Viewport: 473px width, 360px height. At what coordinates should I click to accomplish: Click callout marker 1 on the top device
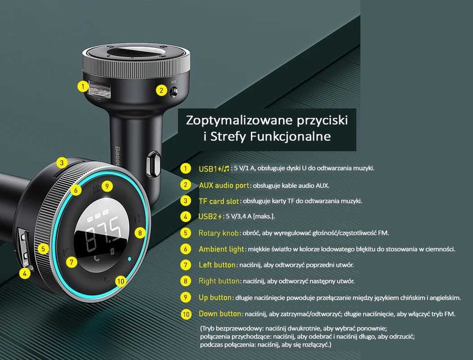[82, 87]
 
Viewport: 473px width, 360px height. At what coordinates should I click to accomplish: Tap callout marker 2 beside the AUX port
[161, 91]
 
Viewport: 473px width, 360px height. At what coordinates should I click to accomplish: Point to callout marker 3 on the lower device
[61, 163]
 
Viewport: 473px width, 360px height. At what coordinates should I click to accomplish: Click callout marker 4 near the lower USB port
[24, 273]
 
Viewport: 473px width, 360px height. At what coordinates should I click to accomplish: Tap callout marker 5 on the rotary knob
[43, 249]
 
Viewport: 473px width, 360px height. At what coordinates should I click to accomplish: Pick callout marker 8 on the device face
[139, 233]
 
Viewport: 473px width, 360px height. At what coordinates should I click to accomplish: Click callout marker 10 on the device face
[121, 281]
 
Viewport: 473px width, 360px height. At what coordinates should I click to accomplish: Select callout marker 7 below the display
[72, 262]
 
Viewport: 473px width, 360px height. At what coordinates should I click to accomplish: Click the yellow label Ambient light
[222, 249]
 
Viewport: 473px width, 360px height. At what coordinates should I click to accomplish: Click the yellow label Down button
[220, 313]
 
